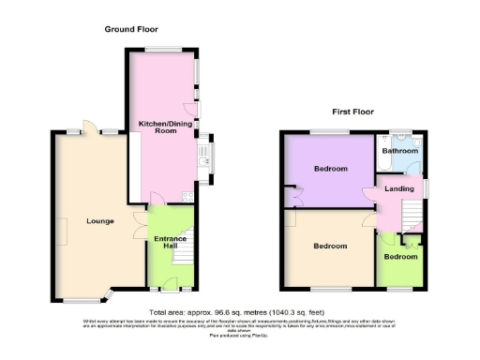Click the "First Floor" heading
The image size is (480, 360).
coord(352,112)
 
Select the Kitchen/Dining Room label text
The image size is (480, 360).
coord(158,127)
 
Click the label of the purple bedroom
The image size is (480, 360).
coord(331,169)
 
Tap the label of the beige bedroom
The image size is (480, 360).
coord(330,246)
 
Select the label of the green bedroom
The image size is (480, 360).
coord(400,256)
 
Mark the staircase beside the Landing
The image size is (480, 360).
coord(412,217)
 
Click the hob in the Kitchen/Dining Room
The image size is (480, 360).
coord(187,196)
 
